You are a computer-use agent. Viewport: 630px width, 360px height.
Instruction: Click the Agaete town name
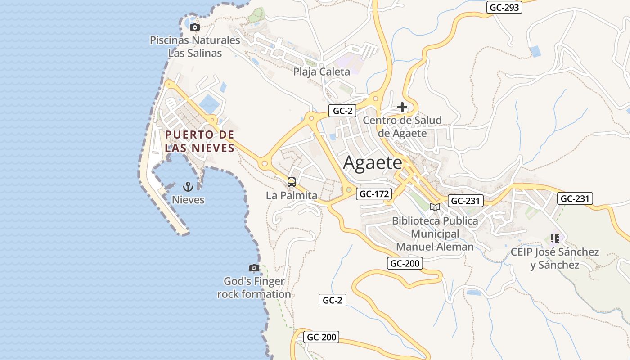pos(372,162)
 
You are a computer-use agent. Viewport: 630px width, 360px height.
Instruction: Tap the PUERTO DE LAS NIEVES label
pos(199,141)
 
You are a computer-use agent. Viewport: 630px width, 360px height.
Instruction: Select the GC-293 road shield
pos(504,7)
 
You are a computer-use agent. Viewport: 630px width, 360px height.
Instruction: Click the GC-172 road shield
pos(374,194)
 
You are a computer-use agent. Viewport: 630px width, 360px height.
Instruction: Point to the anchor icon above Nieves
pos(188,187)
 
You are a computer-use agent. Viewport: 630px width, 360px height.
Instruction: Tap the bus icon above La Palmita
pos(292,182)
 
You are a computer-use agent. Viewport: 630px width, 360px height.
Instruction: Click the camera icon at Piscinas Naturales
pos(195,27)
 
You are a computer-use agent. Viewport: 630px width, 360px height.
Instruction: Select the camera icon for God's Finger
pos(254,268)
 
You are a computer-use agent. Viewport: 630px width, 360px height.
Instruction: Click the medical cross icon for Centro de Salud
pos(402,107)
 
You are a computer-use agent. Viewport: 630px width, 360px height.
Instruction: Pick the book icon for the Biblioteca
pos(435,207)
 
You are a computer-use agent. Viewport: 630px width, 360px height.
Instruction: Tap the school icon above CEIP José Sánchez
pos(554,238)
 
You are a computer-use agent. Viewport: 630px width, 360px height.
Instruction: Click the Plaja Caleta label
pos(321,72)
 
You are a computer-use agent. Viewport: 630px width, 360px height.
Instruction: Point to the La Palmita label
pos(292,196)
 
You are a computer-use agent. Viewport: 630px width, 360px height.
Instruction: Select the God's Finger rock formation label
pos(254,288)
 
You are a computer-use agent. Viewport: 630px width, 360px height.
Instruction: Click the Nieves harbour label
pos(188,200)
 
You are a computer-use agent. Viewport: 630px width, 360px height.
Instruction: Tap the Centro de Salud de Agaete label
pos(402,126)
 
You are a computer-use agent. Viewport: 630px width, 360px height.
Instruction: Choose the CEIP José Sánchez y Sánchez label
pos(554,258)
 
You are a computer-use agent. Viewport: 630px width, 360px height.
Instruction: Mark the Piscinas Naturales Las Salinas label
pos(195,46)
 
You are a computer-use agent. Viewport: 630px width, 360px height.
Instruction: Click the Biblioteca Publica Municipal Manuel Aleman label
pos(435,234)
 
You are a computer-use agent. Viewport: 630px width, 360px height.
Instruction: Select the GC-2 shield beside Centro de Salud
pos(342,111)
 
